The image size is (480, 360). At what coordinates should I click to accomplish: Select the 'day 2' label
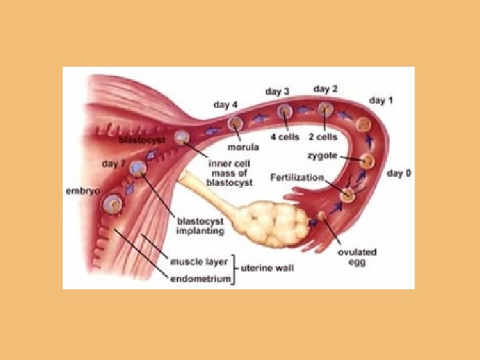(325, 89)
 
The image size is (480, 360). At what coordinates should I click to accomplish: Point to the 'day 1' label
(381, 101)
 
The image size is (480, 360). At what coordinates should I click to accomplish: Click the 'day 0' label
(399, 173)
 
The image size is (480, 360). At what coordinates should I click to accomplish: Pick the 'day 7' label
(115, 163)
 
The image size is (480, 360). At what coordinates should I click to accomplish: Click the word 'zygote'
(322, 157)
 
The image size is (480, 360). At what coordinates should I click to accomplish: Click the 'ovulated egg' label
(357, 257)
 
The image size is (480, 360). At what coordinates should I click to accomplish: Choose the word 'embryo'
(83, 191)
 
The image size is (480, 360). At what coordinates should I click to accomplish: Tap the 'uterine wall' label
(267, 268)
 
